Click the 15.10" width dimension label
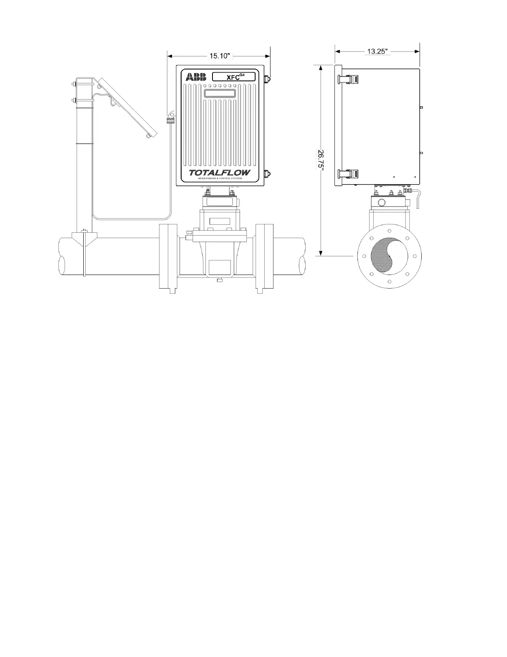(219, 56)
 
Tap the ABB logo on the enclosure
(196, 77)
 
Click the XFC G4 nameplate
(234, 77)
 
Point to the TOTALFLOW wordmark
(220, 173)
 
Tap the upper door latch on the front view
(267, 78)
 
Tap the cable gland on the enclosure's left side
(170, 121)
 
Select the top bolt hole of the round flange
(389, 231)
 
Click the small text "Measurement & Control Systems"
(220, 178)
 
